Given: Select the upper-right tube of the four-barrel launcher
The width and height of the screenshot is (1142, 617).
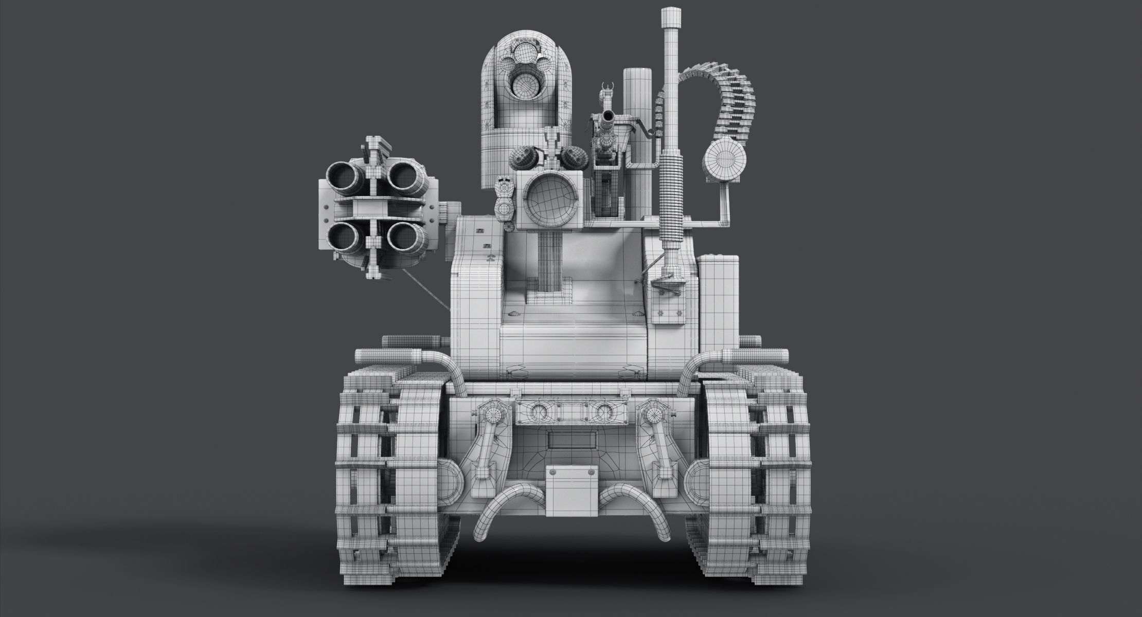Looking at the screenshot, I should coord(404,176).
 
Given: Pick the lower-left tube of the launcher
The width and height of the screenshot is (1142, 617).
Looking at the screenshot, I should coord(343,237).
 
